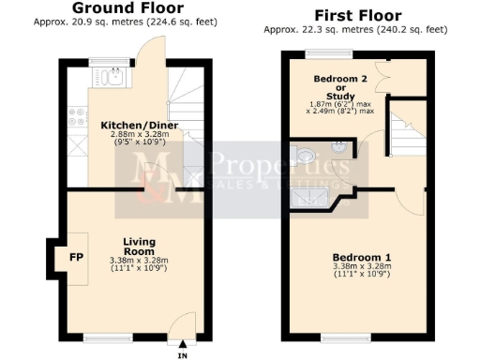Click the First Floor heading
click(x=358, y=15)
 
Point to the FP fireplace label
click(x=75, y=254)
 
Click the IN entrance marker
click(x=182, y=354)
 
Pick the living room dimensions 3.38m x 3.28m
click(x=138, y=260)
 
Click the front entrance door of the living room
click(x=181, y=324)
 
